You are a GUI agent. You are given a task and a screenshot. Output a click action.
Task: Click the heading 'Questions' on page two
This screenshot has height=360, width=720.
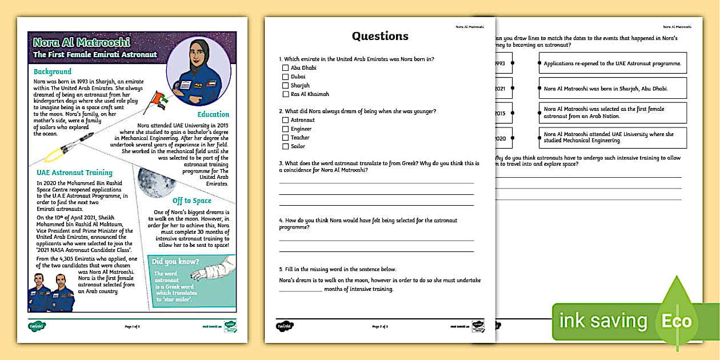click(x=380, y=37)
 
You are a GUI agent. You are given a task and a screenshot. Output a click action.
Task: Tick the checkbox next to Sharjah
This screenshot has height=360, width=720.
click(x=285, y=86)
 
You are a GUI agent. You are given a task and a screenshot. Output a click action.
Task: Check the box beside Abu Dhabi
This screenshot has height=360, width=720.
click(x=285, y=68)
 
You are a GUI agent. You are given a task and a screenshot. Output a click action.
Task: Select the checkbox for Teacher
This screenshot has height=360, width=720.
click(x=285, y=138)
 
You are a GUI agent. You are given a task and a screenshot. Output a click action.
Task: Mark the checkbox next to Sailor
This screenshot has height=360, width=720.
click(x=285, y=146)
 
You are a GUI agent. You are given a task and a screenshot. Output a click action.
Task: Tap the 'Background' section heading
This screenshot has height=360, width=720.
click(x=53, y=72)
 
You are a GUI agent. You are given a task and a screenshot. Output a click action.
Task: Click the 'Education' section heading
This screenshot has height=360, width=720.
click(x=213, y=114)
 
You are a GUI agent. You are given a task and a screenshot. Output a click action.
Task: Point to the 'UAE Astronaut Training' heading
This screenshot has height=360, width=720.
click(x=74, y=173)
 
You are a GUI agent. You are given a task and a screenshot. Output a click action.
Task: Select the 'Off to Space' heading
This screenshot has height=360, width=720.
click(x=192, y=201)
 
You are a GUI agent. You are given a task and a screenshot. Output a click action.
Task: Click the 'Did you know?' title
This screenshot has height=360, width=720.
click(x=175, y=262)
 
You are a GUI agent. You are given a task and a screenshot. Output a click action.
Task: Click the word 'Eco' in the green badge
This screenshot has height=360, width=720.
click(x=676, y=321)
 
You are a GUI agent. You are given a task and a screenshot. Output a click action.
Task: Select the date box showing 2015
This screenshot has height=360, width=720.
click(x=501, y=114)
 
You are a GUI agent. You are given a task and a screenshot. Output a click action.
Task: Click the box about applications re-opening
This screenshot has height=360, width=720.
click(x=612, y=63)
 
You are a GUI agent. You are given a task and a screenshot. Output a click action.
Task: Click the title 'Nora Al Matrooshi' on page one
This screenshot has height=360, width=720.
click(x=82, y=42)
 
